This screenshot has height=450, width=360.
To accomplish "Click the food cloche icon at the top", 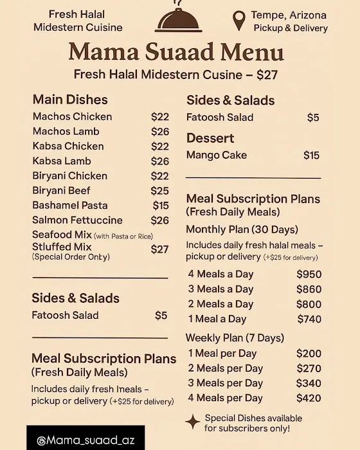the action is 180,20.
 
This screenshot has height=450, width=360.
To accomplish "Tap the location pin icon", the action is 239,21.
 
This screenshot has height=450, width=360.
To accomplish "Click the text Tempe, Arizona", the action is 289,15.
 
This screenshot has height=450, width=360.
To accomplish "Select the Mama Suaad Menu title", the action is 175,51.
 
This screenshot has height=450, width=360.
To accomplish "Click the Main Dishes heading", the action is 70,100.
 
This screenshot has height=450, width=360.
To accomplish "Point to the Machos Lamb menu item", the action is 66,131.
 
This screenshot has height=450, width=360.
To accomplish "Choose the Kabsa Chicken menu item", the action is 68,146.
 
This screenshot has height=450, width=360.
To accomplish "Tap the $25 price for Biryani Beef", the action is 159,190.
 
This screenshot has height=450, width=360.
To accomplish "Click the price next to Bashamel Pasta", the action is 161,205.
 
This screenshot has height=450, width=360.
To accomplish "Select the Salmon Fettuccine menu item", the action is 78,220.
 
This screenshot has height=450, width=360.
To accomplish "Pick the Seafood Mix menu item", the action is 62,235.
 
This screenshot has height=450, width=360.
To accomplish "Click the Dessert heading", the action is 210,138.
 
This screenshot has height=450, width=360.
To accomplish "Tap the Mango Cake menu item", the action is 217,155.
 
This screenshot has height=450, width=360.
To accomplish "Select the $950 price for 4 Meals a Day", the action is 309,274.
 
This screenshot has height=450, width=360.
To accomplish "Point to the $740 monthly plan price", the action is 309,319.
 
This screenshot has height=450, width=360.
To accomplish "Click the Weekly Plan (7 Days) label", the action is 235,337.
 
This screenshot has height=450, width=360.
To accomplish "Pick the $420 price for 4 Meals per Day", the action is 309,398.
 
